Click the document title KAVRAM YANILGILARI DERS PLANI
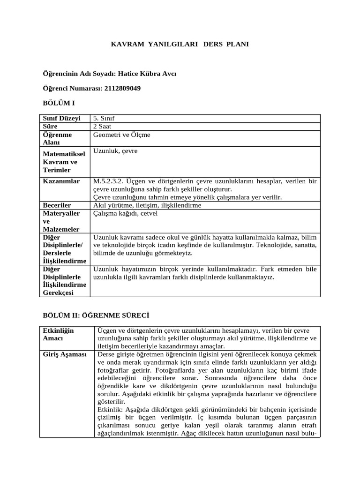(x=180, y=44)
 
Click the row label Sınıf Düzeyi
(x=62, y=118)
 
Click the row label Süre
(x=50, y=126)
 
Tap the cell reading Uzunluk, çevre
(x=115, y=151)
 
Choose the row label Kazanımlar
(x=61, y=181)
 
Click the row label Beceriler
(x=57, y=205)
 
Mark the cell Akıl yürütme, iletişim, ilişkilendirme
(x=141, y=205)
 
